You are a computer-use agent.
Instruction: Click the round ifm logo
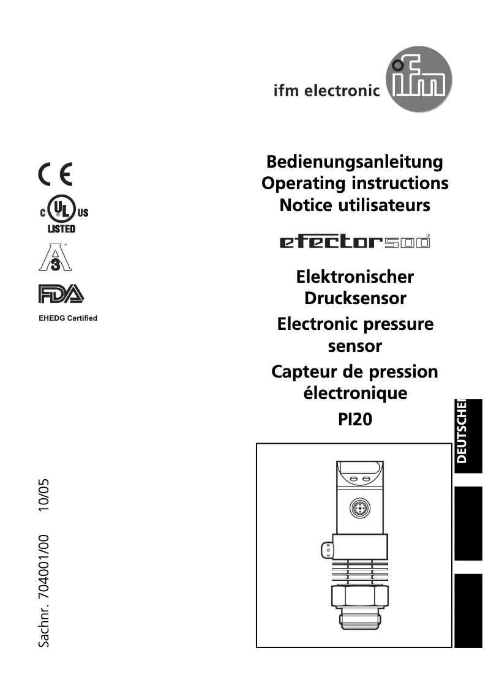(419, 85)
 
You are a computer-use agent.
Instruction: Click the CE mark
(56, 176)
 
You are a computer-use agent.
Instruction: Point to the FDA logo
(61, 294)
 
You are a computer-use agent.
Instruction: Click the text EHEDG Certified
(68, 318)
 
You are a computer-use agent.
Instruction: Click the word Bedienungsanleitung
(354, 162)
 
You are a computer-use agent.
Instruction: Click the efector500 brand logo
(354, 242)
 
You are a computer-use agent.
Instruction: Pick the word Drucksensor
(355, 299)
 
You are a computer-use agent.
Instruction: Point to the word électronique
(355, 392)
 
